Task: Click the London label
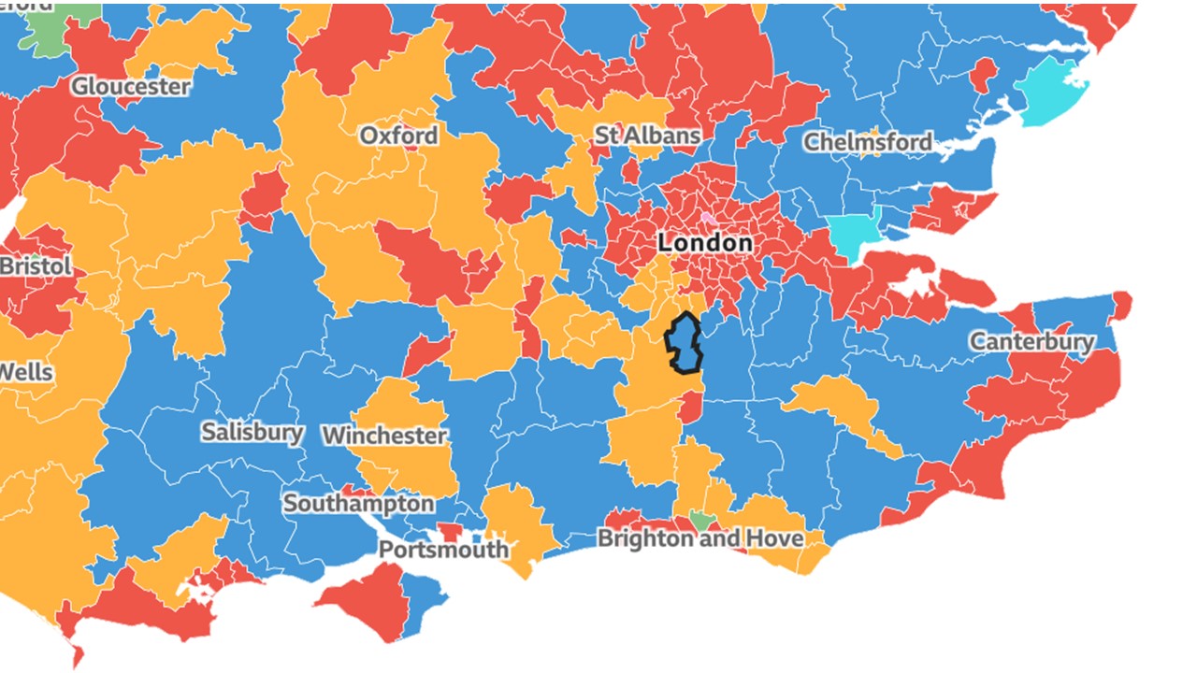pyautogui.click(x=704, y=243)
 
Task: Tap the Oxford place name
pyautogui.click(x=398, y=136)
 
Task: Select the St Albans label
pyautogui.click(x=647, y=136)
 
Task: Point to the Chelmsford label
pyautogui.click(x=868, y=142)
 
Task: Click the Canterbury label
pyautogui.click(x=1031, y=341)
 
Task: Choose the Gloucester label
pyautogui.click(x=131, y=87)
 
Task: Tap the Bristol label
pyautogui.click(x=36, y=266)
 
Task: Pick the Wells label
pyautogui.click(x=26, y=372)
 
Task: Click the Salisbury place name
pyautogui.click(x=252, y=432)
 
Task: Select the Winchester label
pyautogui.click(x=384, y=436)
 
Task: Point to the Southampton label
pyautogui.click(x=359, y=504)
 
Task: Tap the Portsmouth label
pyautogui.click(x=443, y=549)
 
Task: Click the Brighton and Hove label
pyautogui.click(x=699, y=539)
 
